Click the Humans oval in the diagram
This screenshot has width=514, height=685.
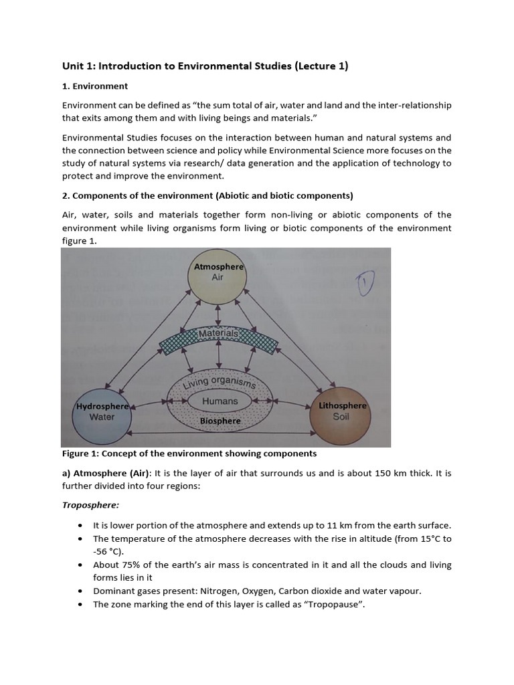click(x=220, y=401)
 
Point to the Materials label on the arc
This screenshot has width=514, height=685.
click(x=218, y=333)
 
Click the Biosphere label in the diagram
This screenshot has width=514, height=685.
click(x=220, y=421)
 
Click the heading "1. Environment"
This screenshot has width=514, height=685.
click(x=94, y=86)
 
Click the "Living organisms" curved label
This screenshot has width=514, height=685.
click(x=220, y=381)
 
